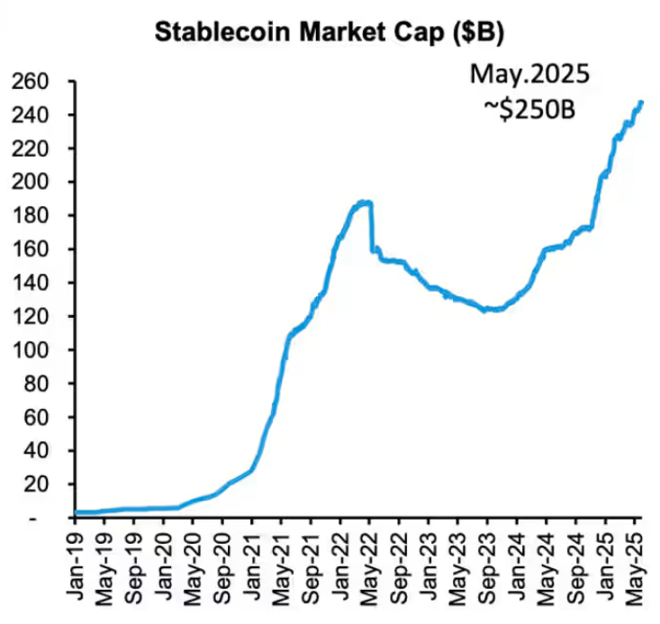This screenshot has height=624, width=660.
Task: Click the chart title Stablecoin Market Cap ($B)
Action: pos(330,33)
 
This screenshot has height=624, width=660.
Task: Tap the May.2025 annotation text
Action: pos(529,73)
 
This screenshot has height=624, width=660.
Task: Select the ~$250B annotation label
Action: pos(529,108)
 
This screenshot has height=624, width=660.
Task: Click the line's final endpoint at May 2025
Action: pos(641,103)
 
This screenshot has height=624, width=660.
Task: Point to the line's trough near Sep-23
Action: pos(487,310)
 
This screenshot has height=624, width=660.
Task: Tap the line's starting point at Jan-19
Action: pos(76,512)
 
